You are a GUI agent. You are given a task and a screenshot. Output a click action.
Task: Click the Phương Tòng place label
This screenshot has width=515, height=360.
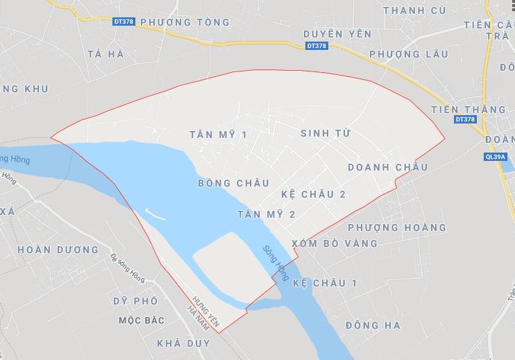(185, 22)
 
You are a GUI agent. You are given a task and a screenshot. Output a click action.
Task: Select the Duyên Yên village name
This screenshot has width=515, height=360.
(338, 33)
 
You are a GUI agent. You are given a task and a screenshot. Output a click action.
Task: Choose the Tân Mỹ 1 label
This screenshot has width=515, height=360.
(217, 134)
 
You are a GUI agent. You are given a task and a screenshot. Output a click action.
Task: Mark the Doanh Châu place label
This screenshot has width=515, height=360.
(387, 167)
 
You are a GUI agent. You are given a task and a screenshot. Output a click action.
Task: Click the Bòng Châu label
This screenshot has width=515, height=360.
(233, 183)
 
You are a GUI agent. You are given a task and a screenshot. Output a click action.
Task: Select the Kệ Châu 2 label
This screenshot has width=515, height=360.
(314, 194)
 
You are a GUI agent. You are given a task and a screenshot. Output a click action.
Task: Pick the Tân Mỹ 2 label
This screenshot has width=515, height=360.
(266, 214)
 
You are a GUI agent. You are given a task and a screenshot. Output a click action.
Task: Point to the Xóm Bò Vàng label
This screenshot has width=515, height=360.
(335, 243)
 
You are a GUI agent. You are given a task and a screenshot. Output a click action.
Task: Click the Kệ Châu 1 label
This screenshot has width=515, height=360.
(325, 283)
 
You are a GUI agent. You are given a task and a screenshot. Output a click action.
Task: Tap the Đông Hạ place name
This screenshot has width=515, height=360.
(373, 325)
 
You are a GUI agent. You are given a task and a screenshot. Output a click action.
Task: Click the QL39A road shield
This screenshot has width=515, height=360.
(496, 157)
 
